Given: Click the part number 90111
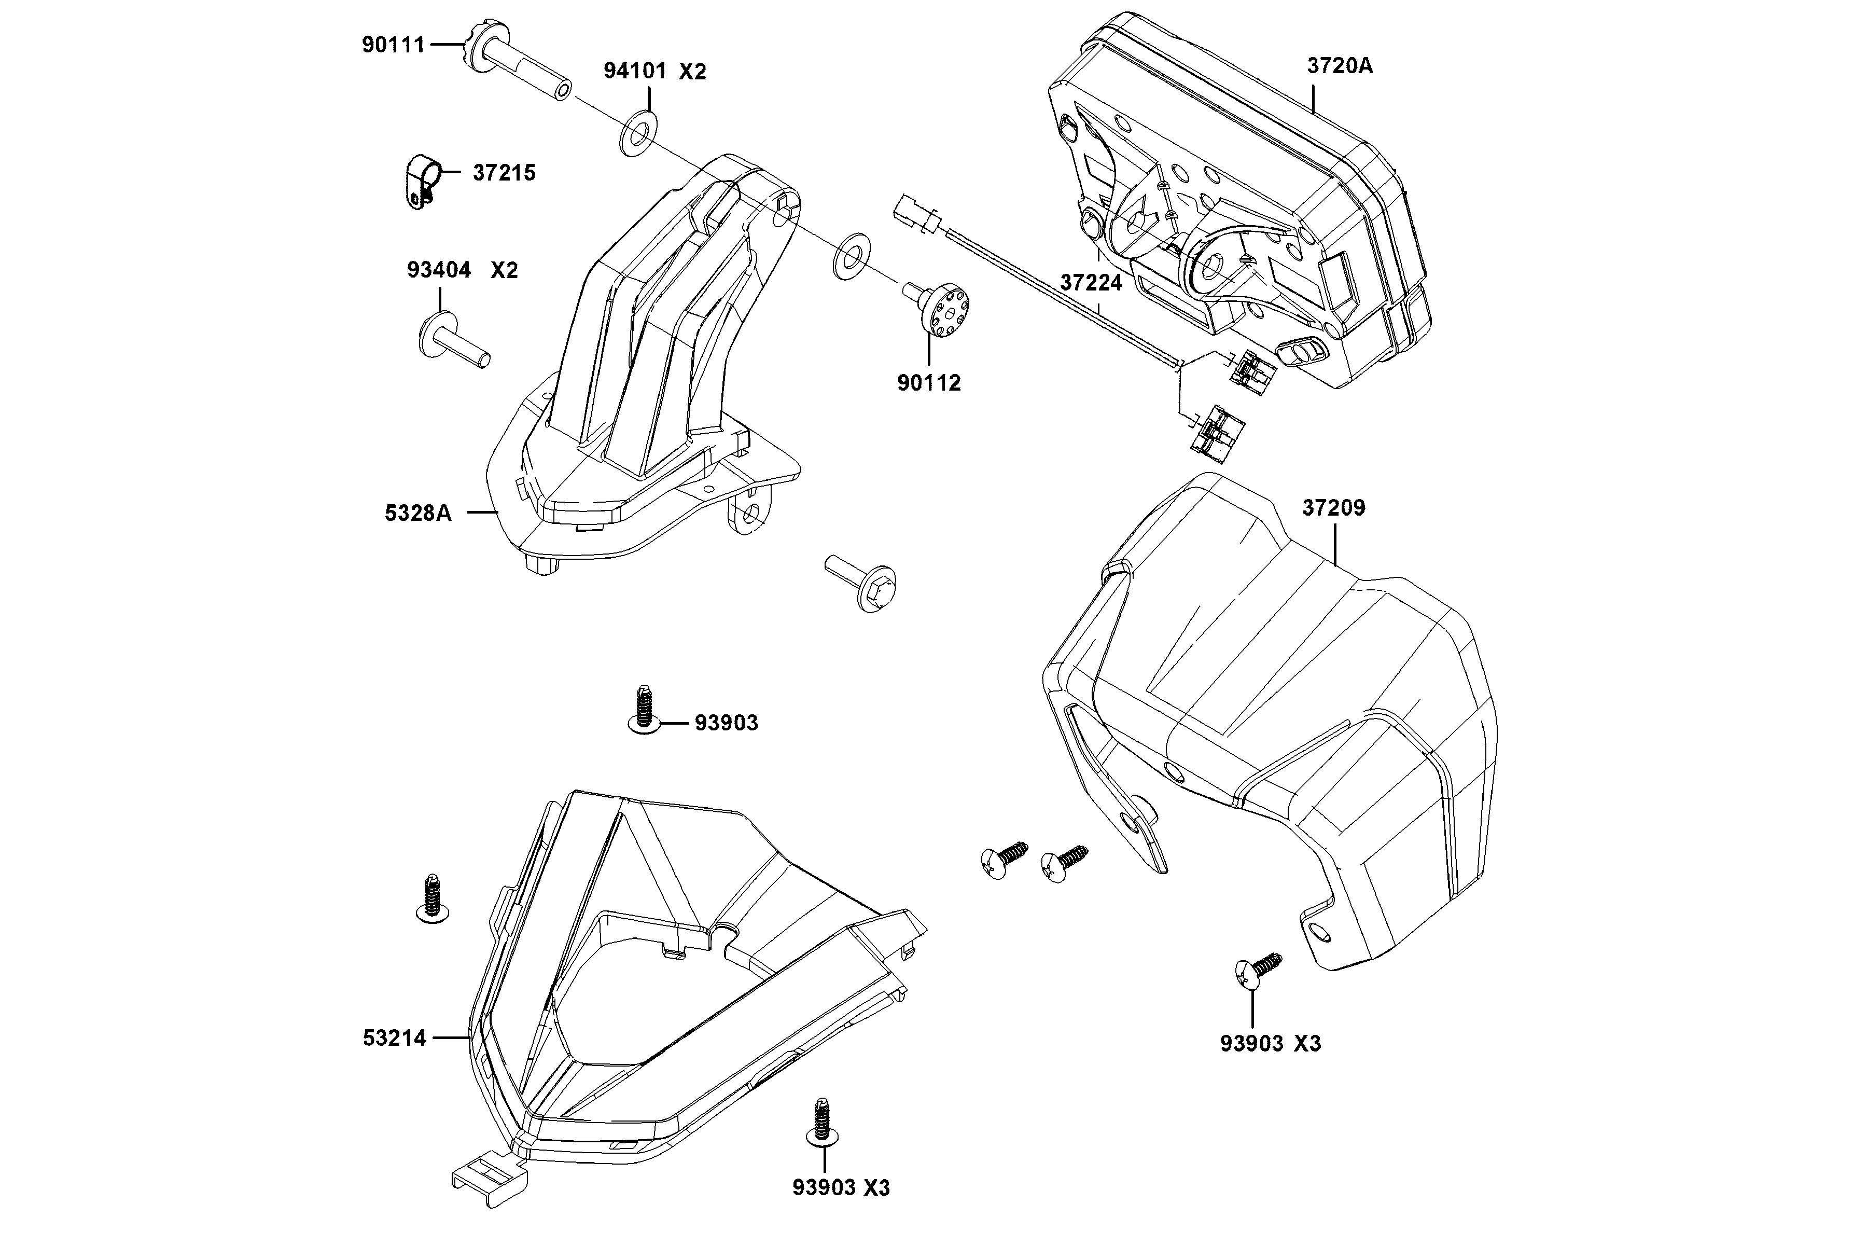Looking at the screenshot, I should click(x=393, y=45).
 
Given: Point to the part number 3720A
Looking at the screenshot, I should click(x=1340, y=66).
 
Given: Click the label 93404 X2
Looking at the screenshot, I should click(x=462, y=270).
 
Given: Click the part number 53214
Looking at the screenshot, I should click(x=395, y=1038).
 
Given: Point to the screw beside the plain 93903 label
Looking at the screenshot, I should click(x=644, y=711).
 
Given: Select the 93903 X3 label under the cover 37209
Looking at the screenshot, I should click(x=1270, y=1043).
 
